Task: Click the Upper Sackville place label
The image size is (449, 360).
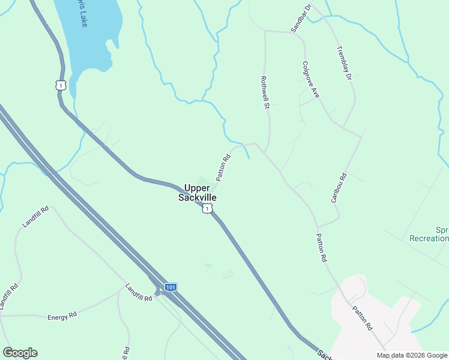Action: click(197, 192)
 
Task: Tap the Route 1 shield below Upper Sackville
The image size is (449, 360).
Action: click(207, 208)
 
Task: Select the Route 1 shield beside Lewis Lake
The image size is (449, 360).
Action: click(59, 86)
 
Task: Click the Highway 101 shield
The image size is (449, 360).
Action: click(171, 288)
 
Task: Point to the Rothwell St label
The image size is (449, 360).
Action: click(264, 92)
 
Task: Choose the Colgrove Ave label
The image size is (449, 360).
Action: click(311, 79)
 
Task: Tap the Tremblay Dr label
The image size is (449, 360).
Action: click(344, 63)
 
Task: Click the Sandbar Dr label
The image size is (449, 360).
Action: click(301, 18)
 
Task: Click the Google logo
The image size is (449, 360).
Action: click(20, 353)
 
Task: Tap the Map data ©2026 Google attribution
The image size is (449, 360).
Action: click(411, 355)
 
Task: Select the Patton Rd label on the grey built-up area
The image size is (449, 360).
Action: click(363, 319)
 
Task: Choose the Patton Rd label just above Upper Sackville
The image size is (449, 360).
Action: click(223, 168)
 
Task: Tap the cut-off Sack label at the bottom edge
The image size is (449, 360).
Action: click(323, 354)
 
